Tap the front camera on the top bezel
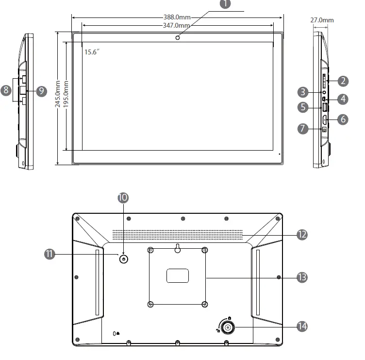(178, 37)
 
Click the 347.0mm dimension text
(177, 25)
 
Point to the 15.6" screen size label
(91, 52)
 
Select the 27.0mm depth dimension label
(322, 20)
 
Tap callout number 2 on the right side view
(343, 81)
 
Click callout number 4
(343, 99)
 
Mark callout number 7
(302, 129)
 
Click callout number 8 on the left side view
(6, 90)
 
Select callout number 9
(41, 90)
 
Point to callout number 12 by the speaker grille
(302, 235)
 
